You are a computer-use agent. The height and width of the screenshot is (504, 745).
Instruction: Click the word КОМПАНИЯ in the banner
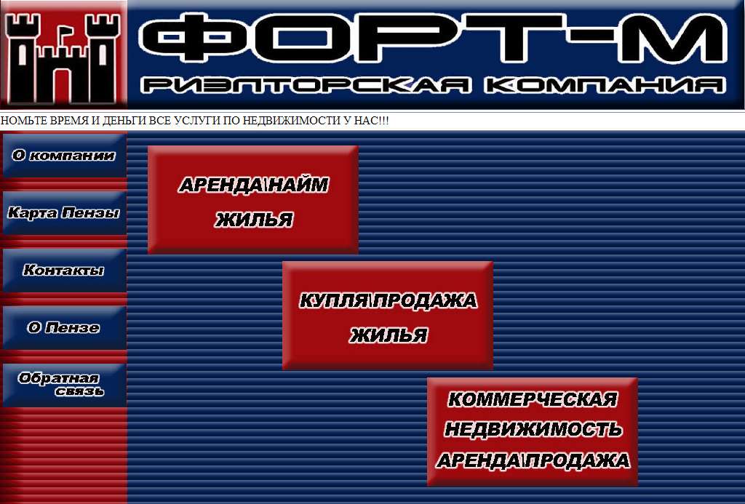point(603,86)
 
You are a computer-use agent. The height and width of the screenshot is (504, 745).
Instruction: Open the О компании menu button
point(64,155)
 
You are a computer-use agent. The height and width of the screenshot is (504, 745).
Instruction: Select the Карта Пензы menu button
point(64,213)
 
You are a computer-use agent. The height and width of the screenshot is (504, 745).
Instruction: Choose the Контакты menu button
point(64,271)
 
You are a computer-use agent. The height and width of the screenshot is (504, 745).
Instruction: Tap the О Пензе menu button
point(64,328)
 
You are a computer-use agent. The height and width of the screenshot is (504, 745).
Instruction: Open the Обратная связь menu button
point(64,385)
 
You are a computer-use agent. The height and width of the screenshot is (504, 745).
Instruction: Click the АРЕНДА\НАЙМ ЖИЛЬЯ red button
point(252,200)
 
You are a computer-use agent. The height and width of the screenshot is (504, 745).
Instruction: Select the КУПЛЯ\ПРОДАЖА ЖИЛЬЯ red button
point(387,316)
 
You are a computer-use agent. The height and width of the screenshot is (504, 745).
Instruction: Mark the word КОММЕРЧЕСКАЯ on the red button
point(533,399)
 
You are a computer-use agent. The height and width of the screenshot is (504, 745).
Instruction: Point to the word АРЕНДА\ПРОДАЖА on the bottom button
point(533,461)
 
